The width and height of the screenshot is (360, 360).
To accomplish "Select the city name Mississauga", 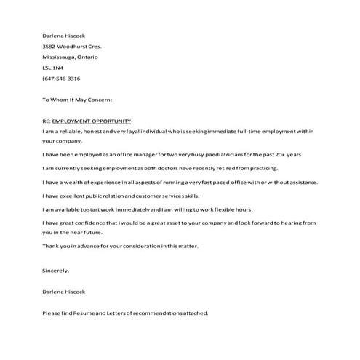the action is pyautogui.click(x=60, y=57).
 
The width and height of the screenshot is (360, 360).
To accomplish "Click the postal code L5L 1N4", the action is pyautogui.click(x=53, y=68).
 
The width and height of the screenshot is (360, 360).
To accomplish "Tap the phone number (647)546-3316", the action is pyautogui.click(x=61, y=79).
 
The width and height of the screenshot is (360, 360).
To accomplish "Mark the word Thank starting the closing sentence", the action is pyautogui.click(x=51, y=247).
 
